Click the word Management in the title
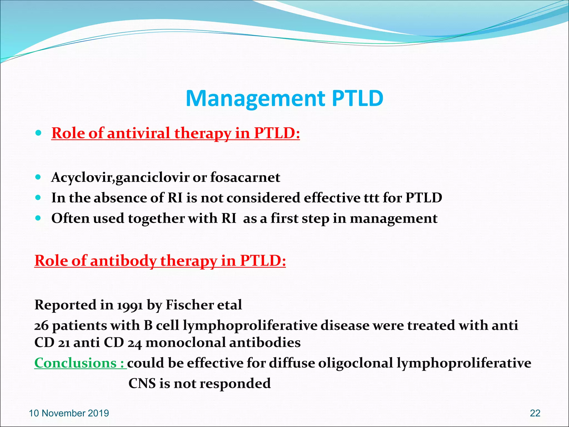click(255, 98)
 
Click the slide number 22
click(535, 413)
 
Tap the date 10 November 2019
click(69, 413)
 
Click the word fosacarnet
click(245, 177)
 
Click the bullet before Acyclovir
click(38, 177)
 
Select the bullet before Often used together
click(38, 218)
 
